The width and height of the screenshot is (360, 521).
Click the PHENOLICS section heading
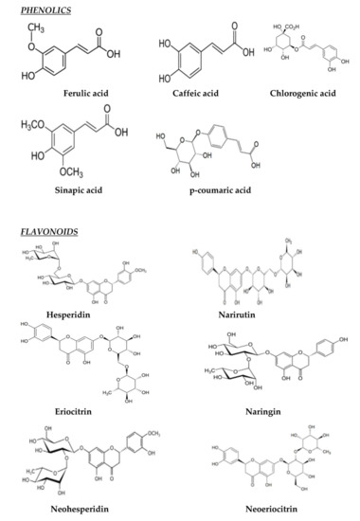tap(31, 10)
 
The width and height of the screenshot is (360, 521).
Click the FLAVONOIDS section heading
tap(35, 231)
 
